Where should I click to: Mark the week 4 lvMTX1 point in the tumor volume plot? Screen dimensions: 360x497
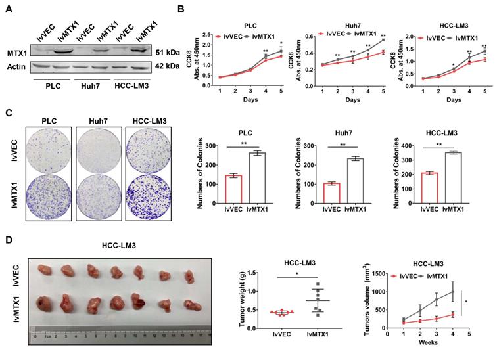coord(452,292)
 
